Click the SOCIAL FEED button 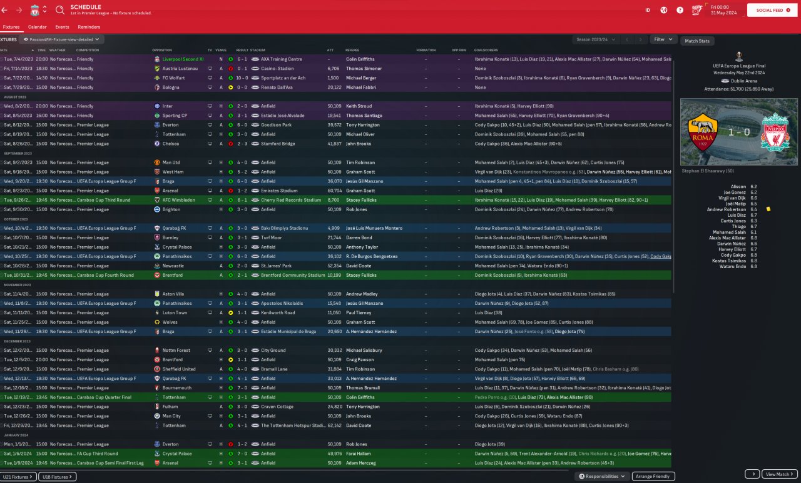pos(769,10)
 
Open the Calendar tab pos(37,27)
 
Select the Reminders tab pos(89,27)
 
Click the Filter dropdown pos(663,39)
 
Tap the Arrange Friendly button pos(653,476)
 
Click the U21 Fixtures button pos(18,477)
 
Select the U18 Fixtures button pos(57,477)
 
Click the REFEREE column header pos(352,50)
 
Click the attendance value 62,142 pos(334,426)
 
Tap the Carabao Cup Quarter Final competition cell pos(104,397)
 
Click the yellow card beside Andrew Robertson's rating pos(768,209)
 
